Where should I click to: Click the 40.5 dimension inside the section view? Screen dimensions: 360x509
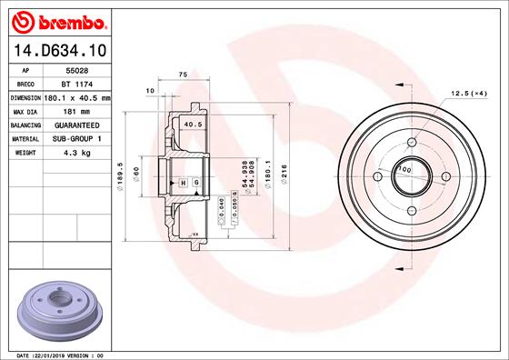click(193, 125)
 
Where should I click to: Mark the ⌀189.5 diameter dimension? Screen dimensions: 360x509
click(120, 173)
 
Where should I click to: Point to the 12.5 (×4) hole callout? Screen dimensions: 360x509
click(469, 93)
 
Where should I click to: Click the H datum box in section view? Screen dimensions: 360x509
click(184, 183)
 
